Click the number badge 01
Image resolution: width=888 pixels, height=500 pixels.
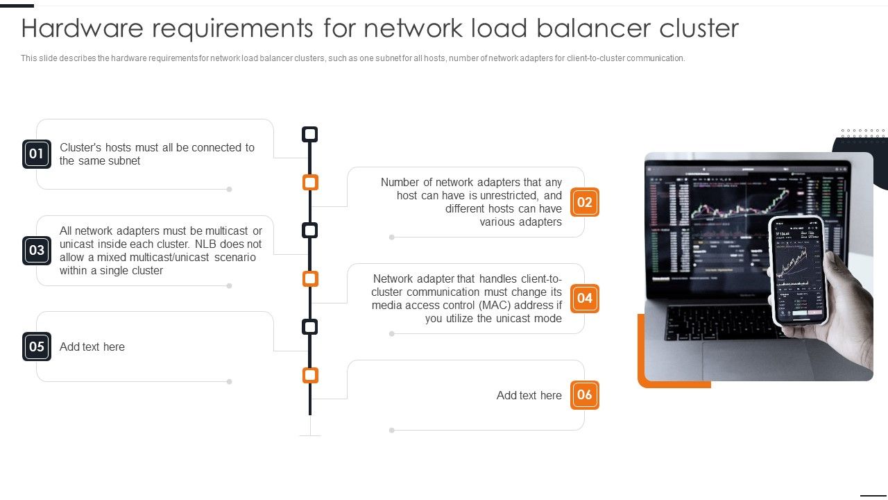(x=37, y=154)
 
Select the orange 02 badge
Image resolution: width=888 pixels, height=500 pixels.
(x=585, y=202)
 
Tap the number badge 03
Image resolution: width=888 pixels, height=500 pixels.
(x=37, y=251)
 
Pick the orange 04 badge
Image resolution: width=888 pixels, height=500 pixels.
(x=585, y=299)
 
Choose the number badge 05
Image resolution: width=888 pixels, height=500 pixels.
(x=37, y=347)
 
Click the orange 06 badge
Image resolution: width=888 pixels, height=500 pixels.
(x=585, y=395)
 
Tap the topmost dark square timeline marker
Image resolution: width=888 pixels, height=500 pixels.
(x=310, y=134)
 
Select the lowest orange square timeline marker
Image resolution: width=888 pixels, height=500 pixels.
(x=310, y=376)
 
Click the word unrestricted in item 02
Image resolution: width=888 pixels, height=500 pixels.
(x=512, y=196)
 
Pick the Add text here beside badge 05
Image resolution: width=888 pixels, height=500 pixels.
(x=92, y=347)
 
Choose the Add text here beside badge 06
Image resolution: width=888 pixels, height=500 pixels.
(x=529, y=396)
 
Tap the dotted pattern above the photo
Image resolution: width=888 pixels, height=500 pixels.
(x=863, y=133)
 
